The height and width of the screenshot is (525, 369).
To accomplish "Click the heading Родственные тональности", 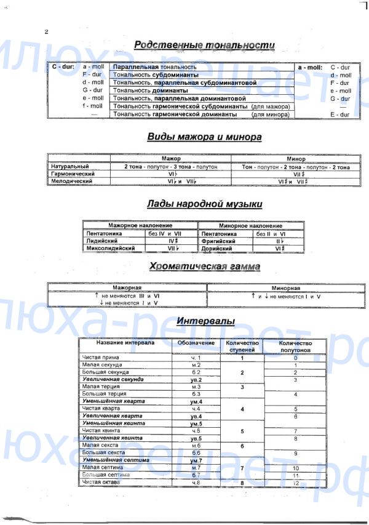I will point(204,45).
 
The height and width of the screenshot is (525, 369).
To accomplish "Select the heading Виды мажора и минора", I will point(204,137).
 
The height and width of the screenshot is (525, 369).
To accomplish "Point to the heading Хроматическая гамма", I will point(205,267).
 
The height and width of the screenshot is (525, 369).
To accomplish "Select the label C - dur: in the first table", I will point(63,66).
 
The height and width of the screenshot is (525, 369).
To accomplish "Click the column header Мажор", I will point(171,158).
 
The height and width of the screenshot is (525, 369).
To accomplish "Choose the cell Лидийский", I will point(103,242).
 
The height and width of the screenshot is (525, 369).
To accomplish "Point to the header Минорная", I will point(285,288).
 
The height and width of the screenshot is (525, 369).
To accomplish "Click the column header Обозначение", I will point(196,342).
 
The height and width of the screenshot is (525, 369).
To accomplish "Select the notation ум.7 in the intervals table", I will point(196,460).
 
